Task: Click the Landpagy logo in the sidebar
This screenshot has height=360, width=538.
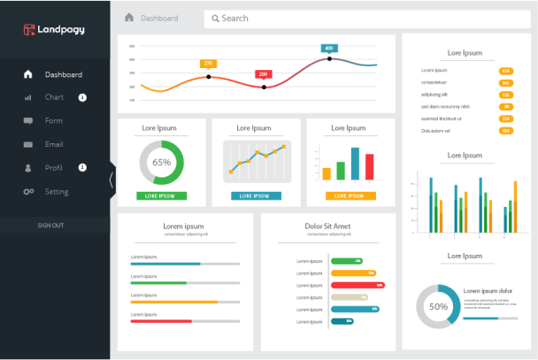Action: tap(54, 30)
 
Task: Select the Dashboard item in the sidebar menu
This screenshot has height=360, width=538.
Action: tap(63, 74)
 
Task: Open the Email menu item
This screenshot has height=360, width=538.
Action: tap(54, 144)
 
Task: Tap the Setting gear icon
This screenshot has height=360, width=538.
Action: tap(28, 192)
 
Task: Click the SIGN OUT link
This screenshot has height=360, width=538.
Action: tap(50, 226)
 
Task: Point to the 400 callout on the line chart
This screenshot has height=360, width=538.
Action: tap(329, 49)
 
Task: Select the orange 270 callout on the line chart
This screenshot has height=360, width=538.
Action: tap(208, 64)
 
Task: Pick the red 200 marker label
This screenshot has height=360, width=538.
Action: tap(263, 74)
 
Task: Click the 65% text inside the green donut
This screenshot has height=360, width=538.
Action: tap(162, 163)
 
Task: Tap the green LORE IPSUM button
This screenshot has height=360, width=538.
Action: tap(161, 195)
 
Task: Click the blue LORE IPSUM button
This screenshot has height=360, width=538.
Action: tap(256, 195)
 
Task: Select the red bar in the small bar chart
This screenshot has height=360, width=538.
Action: tap(369, 167)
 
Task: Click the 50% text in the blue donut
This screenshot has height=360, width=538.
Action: tap(438, 307)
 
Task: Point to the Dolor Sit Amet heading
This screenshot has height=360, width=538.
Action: tap(320, 226)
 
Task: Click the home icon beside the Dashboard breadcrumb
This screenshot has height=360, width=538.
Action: tap(129, 18)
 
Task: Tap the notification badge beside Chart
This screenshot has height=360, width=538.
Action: tap(82, 97)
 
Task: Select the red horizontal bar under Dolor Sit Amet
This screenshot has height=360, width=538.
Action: tap(357, 286)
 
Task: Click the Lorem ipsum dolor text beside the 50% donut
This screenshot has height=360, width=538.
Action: tap(488, 291)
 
